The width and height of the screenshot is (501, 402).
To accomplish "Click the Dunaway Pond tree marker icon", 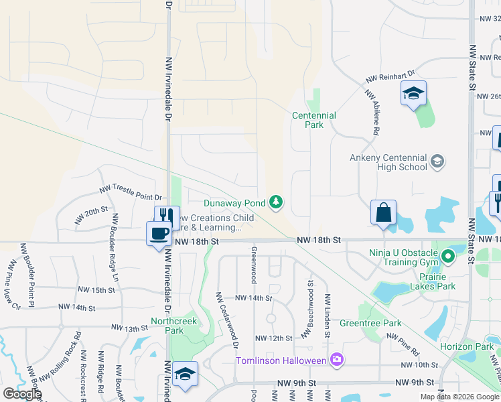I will point(275,202).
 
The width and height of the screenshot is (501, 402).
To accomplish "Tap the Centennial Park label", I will point(313,120).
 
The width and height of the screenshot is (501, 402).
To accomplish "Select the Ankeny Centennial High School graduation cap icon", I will point(437,161).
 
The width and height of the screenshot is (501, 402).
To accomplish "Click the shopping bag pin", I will point(383,212).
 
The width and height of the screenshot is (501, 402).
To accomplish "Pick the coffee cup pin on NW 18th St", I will point(159,234).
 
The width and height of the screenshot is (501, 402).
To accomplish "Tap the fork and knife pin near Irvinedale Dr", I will point(167,216).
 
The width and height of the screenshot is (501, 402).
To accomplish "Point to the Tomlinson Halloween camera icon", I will point(336,360).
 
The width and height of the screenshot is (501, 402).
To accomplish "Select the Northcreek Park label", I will point(167,326).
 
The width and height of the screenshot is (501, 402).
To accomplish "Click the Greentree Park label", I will point(380,324).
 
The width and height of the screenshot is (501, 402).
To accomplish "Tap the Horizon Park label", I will point(467,346).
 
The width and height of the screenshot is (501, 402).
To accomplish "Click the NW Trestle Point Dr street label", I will point(131,192).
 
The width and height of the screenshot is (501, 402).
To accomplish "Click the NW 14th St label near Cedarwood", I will point(253,297).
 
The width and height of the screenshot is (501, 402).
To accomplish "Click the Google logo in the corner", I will point(22,393).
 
